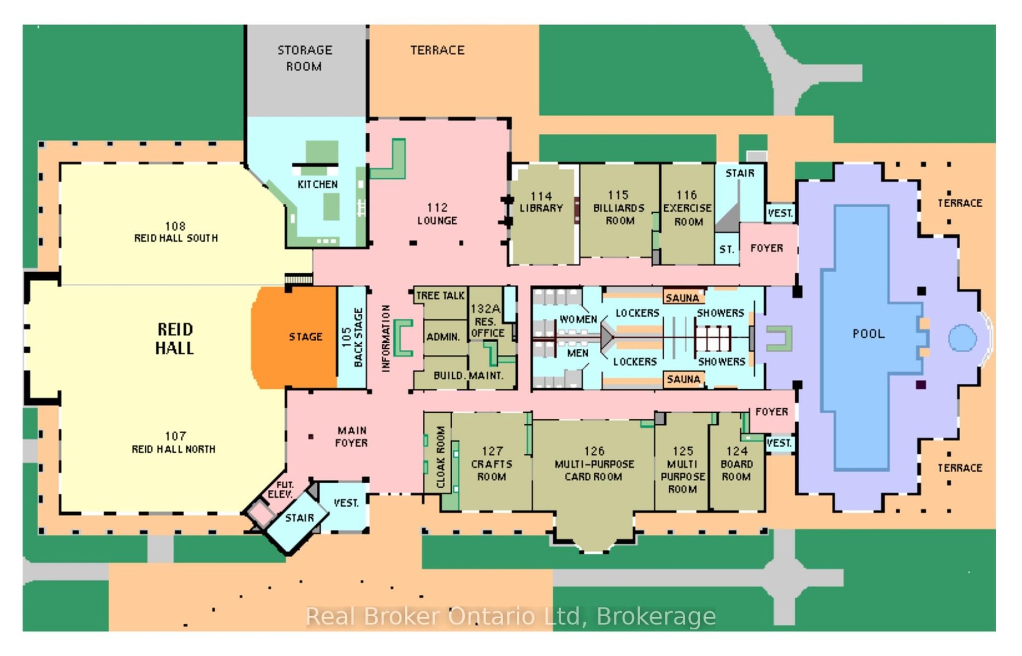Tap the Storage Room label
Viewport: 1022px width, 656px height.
point(305,58)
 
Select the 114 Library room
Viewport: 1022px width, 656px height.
point(543,214)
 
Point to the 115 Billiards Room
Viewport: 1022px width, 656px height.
point(619,210)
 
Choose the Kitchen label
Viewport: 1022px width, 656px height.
point(317,184)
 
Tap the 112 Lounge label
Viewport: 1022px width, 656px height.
point(437,214)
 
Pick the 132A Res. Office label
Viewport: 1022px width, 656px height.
point(487,321)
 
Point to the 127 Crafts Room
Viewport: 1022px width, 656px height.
point(492,462)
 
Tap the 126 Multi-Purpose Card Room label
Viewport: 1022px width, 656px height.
point(594,464)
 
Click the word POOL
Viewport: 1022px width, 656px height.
point(869,333)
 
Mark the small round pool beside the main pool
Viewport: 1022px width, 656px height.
point(962,338)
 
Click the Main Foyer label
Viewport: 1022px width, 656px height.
point(352,437)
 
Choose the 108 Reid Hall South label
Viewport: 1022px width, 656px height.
point(176,232)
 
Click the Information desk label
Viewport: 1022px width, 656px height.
point(386,338)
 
